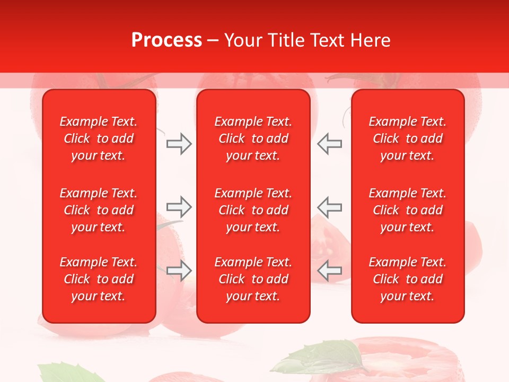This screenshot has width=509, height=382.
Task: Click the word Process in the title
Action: pyautogui.click(x=166, y=40)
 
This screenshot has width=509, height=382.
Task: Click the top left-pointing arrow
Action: pyautogui.click(x=329, y=144)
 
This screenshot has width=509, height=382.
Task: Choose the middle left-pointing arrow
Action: pyautogui.click(x=329, y=207)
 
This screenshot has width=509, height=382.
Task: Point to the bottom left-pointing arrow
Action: pyautogui.click(x=329, y=271)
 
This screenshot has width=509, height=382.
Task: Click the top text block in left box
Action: pyautogui.click(x=99, y=138)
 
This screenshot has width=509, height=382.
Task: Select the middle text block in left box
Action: pyautogui.click(x=99, y=210)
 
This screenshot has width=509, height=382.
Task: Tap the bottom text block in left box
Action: pyautogui.click(x=99, y=279)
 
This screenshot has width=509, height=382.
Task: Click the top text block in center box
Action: pyautogui.click(x=253, y=138)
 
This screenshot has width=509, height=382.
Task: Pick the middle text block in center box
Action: pyautogui.click(x=253, y=210)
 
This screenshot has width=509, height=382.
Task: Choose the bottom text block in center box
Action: pyautogui.click(x=253, y=279)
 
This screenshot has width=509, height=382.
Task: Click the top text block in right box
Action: pyautogui.click(x=407, y=138)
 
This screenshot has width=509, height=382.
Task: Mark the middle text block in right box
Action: pyautogui.click(x=407, y=210)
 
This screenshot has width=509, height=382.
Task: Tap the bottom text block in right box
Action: pyautogui.click(x=407, y=279)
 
